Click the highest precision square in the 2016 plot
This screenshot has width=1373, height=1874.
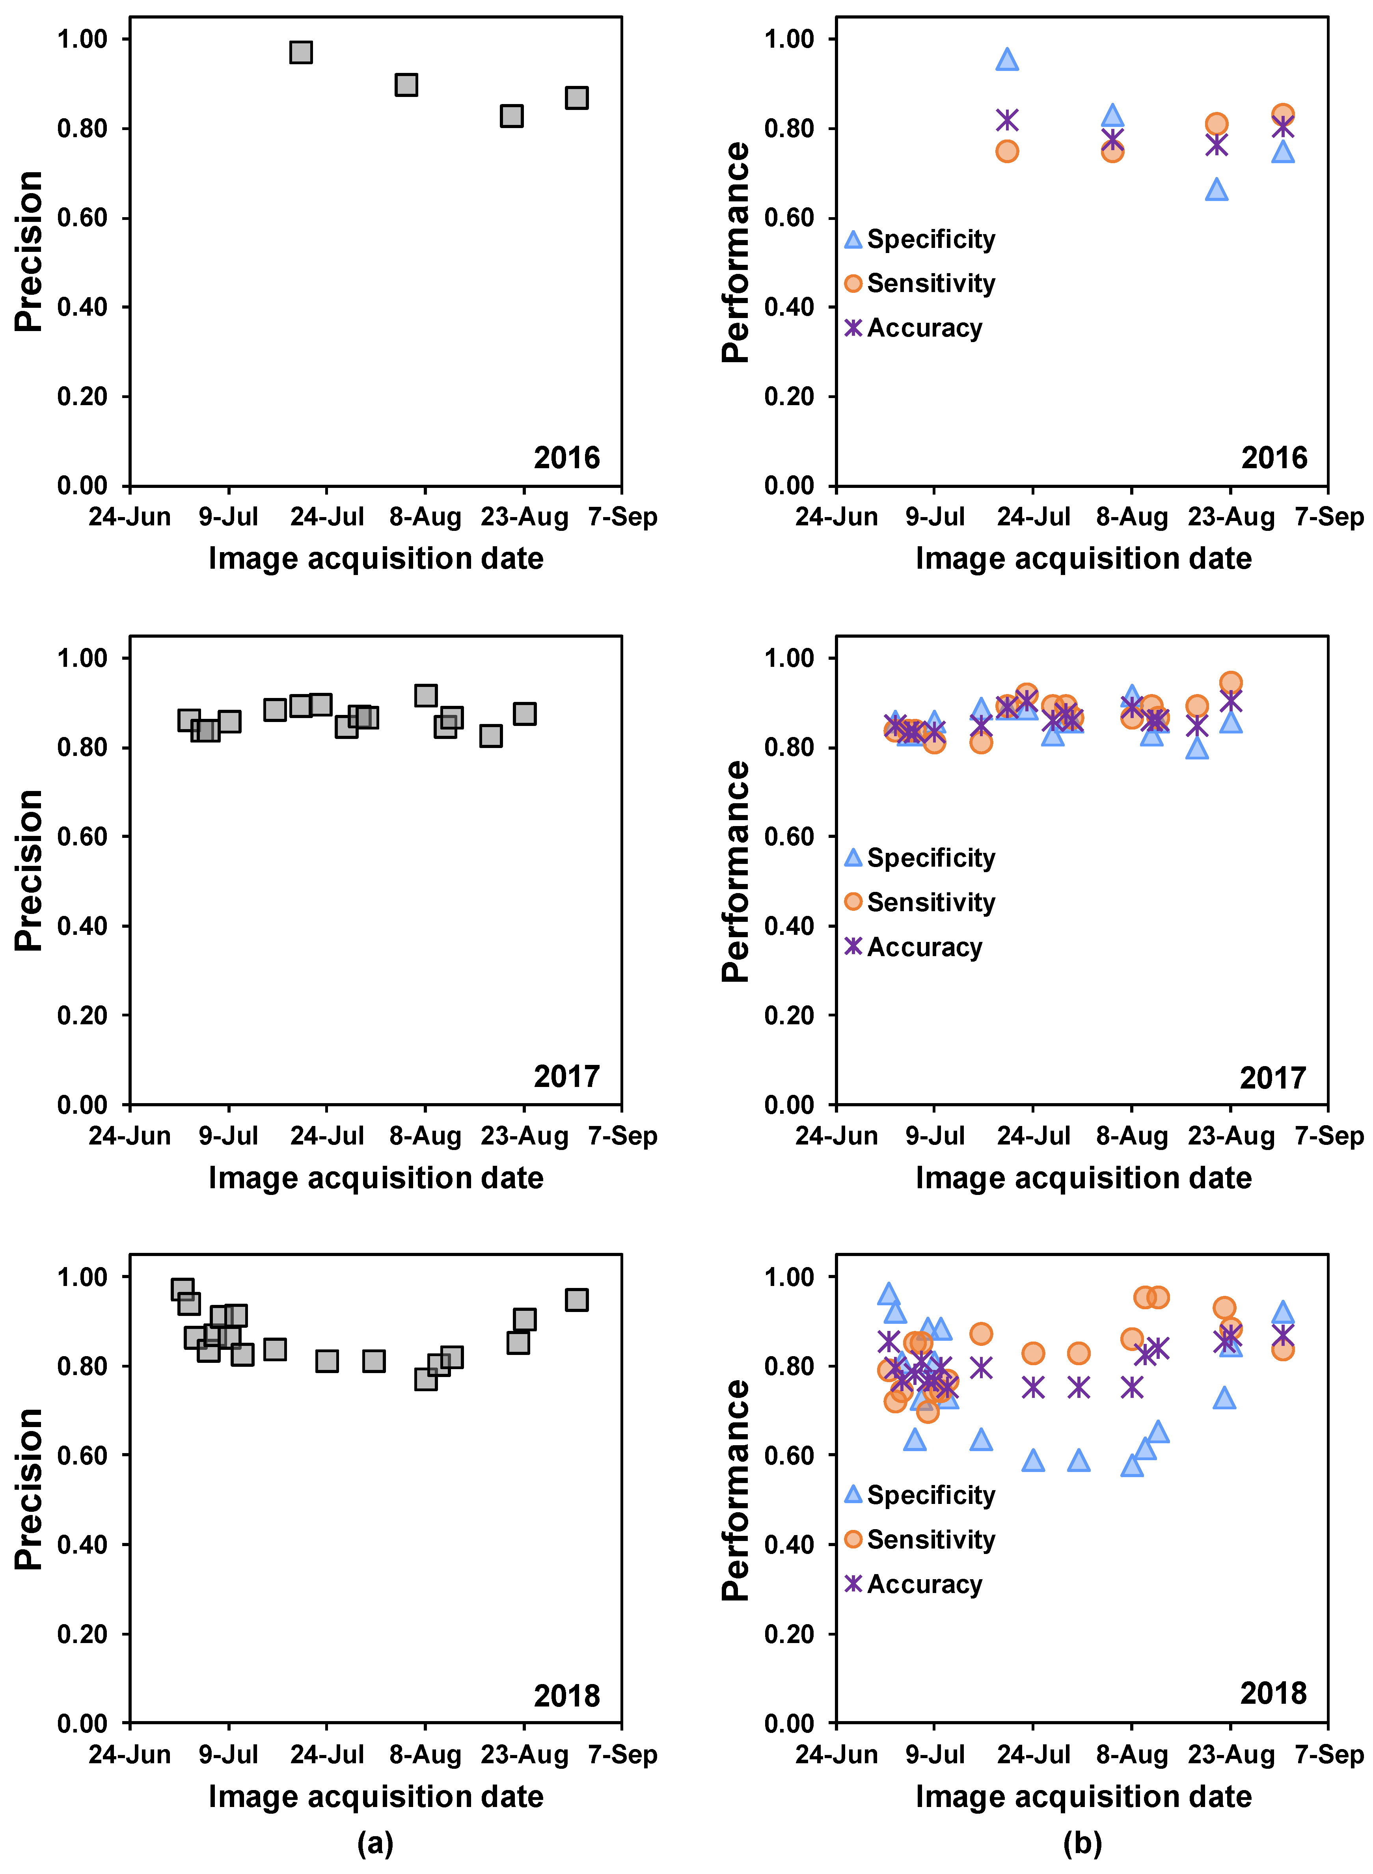click(301, 52)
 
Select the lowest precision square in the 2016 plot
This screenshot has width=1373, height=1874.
click(511, 115)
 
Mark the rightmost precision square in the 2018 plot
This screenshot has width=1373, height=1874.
click(577, 1300)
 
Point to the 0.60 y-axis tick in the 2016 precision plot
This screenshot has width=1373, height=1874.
click(82, 218)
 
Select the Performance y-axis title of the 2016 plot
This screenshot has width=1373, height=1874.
click(736, 252)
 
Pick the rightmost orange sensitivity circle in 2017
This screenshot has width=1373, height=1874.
click(1231, 682)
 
